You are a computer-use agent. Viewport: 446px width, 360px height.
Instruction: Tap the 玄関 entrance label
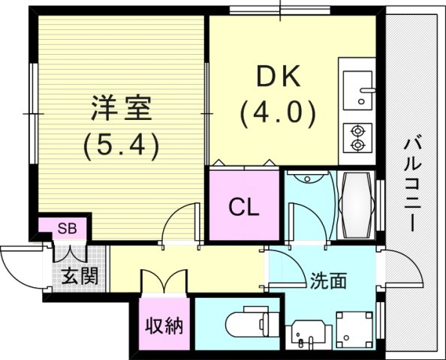(x=80, y=275)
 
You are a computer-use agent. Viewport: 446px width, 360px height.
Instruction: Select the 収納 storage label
(x=165, y=328)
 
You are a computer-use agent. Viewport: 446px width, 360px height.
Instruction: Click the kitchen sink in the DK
(x=357, y=88)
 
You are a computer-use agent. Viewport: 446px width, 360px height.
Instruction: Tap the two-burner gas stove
(x=357, y=137)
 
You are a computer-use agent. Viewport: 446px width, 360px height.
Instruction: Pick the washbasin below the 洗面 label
(x=308, y=333)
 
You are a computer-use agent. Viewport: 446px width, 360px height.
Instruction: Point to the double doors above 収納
(x=161, y=282)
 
